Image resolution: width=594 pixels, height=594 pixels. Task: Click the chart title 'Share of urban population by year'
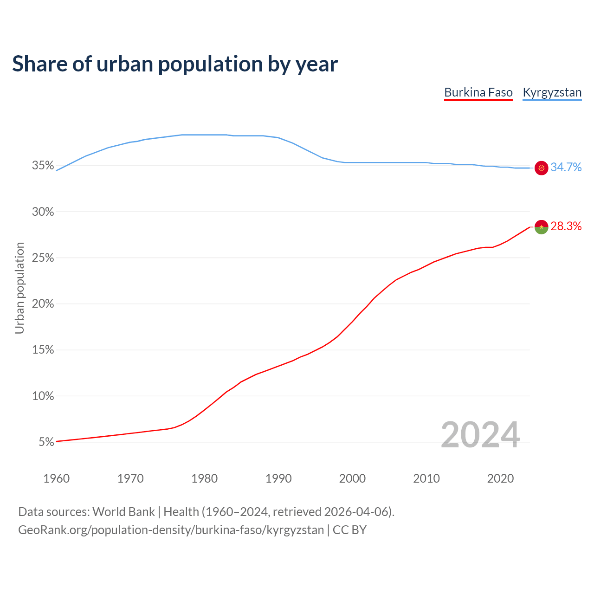pos(175,64)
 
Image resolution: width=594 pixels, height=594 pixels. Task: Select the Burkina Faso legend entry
pos(478,92)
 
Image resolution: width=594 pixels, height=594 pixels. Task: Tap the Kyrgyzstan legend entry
pos(552,92)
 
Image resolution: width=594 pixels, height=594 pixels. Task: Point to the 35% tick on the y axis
pos(43,166)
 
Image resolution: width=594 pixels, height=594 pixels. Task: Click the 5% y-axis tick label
pos(46,442)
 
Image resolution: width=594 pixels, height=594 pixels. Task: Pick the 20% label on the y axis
pos(43,304)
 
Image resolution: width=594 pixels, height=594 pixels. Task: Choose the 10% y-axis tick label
pos(43,396)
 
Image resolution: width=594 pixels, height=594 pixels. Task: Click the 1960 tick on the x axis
pos(56,478)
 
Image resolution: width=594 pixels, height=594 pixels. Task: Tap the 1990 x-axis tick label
pos(278,478)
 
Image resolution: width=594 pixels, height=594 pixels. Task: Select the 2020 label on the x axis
pos(500,478)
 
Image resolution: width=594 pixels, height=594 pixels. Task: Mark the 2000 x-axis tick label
pos(352,478)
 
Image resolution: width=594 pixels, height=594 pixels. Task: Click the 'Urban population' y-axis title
pos(19,288)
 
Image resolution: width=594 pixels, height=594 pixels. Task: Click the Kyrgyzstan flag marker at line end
pos(542,168)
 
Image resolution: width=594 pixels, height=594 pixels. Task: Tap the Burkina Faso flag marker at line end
pos(542,227)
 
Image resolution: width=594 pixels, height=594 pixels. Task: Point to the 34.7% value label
pos(566,168)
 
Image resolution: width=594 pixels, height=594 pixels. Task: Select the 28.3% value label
pos(566,226)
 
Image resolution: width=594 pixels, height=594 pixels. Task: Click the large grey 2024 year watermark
pos(480,435)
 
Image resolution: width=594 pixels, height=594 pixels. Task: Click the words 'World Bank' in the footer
pos(123,512)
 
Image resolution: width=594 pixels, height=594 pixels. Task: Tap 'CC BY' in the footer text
pos(349,530)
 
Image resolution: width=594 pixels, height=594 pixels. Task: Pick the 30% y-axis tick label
pos(43,212)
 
